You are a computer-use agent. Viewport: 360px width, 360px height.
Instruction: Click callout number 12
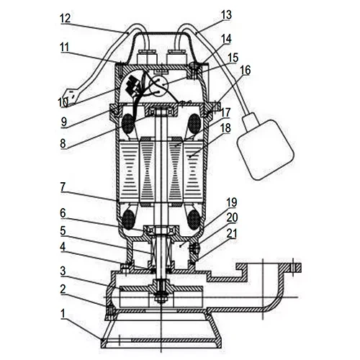pyautogui.click(x=66, y=19)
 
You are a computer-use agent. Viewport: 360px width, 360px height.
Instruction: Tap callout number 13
pyautogui.click(x=226, y=15)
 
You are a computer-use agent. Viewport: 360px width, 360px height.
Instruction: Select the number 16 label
pyautogui.click(x=245, y=70)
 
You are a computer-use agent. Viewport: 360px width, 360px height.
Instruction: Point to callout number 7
pyautogui.click(x=63, y=187)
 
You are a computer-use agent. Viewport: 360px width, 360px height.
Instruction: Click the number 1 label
pyautogui.click(x=63, y=314)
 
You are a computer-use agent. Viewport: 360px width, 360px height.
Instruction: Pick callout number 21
pyautogui.click(x=232, y=233)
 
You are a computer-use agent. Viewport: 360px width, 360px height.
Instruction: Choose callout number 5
pyautogui.click(x=63, y=231)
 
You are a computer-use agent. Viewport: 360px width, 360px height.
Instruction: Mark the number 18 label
pyautogui.click(x=225, y=128)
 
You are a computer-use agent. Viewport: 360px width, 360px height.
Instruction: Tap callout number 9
pyautogui.click(x=64, y=122)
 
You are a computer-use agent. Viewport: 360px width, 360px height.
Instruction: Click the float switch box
pyautogui.click(x=265, y=150)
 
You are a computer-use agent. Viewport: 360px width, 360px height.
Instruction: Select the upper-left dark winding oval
pyautogui.click(x=128, y=124)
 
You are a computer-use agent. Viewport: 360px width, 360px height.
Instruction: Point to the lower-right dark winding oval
pyautogui.click(x=194, y=219)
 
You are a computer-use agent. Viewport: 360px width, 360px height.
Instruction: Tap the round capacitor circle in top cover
pyautogui.click(x=158, y=86)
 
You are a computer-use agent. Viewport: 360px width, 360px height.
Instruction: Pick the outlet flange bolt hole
pyautogui.click(x=292, y=267)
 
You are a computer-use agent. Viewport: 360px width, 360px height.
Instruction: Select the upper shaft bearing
pyautogui.click(x=159, y=112)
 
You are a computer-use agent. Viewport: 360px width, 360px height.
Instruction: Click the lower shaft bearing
pyautogui.click(x=159, y=230)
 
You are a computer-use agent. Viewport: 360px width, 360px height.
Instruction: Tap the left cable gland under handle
pyautogui.click(x=143, y=57)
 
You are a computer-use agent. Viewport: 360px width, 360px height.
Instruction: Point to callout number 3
pyautogui.click(x=63, y=271)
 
